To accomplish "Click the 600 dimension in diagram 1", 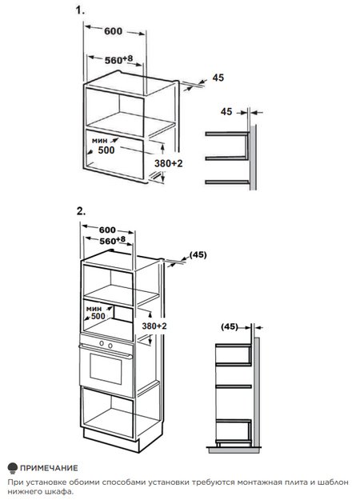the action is [x=113, y=31].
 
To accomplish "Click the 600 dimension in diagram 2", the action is [x=107, y=230].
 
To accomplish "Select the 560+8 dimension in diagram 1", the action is [x=118, y=60].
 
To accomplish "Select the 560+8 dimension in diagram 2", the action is [x=112, y=241].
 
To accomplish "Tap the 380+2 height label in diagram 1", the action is [x=168, y=163].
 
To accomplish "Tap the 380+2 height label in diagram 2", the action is [x=154, y=326].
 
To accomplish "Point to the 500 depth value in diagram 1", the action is [x=106, y=150].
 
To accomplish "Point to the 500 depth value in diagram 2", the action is [x=98, y=316].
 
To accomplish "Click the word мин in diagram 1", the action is [x=99, y=140].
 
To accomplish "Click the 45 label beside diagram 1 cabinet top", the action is [x=218, y=78].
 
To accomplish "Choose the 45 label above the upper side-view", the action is [x=226, y=112].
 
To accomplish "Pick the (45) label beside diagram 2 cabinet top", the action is [x=198, y=254].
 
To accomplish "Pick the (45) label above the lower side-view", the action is [x=230, y=326].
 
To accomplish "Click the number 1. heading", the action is [x=80, y=10].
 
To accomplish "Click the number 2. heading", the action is [x=81, y=210].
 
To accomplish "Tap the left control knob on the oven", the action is [x=102, y=343].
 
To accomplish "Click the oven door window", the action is [x=106, y=368].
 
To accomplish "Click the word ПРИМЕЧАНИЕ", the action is [x=49, y=468].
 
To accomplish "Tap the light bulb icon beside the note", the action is [x=13, y=468].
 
